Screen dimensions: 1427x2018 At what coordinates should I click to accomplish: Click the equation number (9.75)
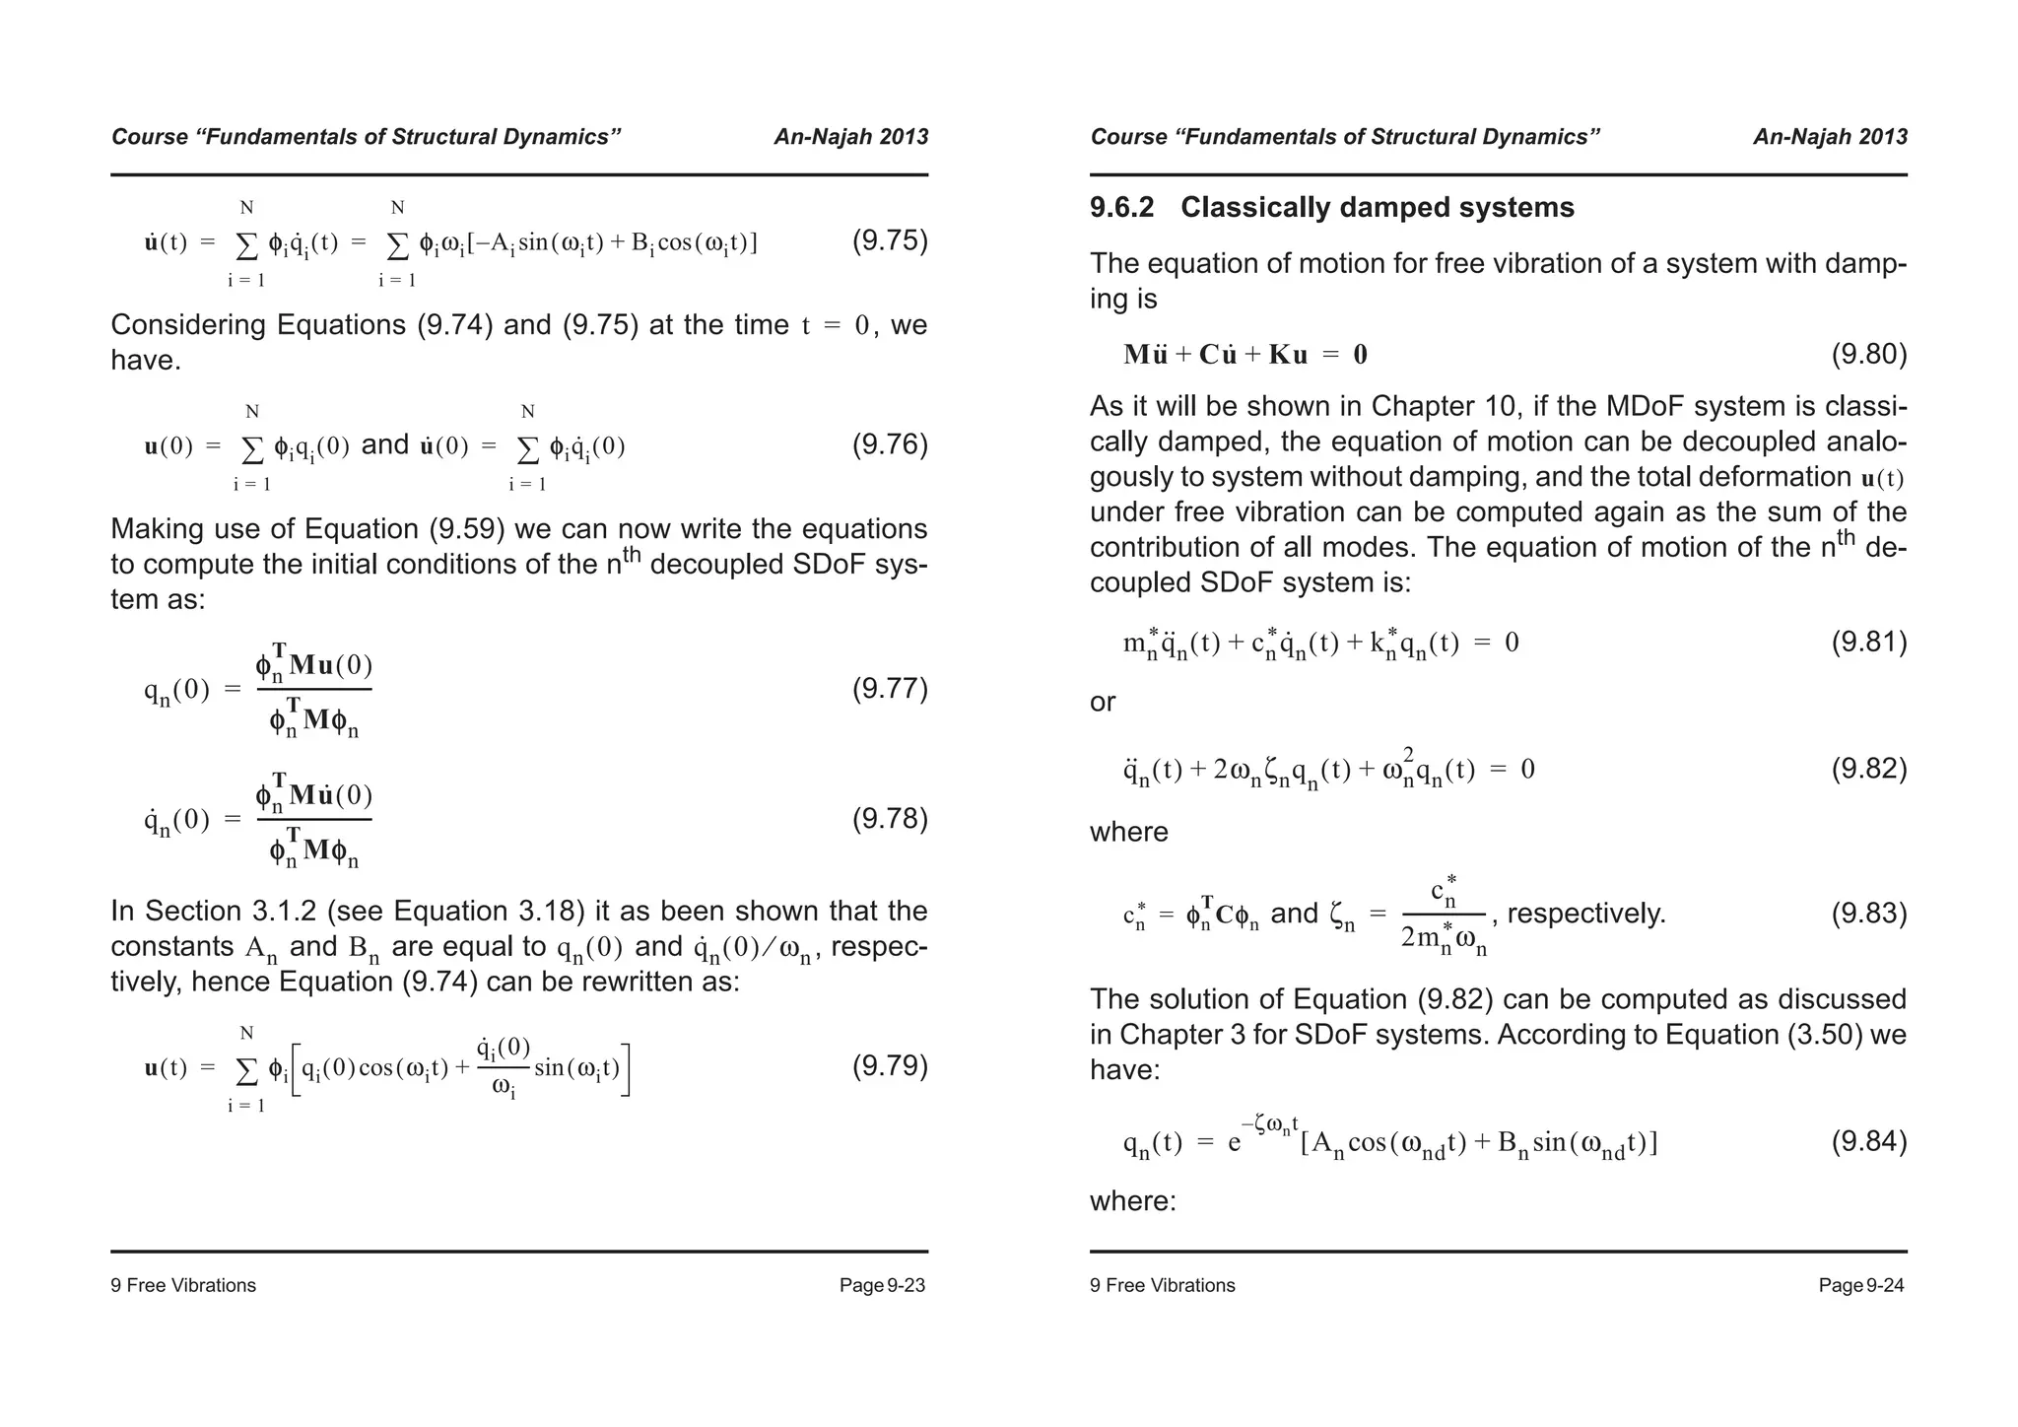(889, 241)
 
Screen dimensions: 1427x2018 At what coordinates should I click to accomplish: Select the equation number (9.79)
(889, 1066)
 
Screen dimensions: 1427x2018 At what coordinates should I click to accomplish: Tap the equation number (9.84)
(1868, 1142)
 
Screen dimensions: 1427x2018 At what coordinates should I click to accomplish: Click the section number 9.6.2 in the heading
(1121, 208)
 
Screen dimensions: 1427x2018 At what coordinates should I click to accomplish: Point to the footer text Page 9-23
(882, 1285)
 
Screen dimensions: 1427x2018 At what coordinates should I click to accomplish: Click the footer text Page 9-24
(1861, 1285)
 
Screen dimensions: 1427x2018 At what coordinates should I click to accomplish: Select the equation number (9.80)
(1868, 355)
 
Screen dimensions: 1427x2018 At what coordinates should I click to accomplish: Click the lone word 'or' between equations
(1103, 703)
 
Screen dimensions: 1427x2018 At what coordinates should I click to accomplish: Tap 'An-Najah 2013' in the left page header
(850, 137)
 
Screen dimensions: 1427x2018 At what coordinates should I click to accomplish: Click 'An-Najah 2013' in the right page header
(1830, 137)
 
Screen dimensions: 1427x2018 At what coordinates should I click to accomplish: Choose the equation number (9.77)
(889, 689)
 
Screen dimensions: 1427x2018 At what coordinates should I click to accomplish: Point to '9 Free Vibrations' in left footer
(183, 1285)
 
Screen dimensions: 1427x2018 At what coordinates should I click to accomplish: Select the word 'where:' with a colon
(1132, 1201)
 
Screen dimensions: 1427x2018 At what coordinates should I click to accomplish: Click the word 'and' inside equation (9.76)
(385, 445)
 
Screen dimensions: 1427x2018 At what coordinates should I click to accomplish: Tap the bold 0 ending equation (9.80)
(1360, 356)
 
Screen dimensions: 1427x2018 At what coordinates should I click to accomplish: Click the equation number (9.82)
(1868, 769)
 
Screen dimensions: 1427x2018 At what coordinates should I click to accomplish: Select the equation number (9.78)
(889, 819)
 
